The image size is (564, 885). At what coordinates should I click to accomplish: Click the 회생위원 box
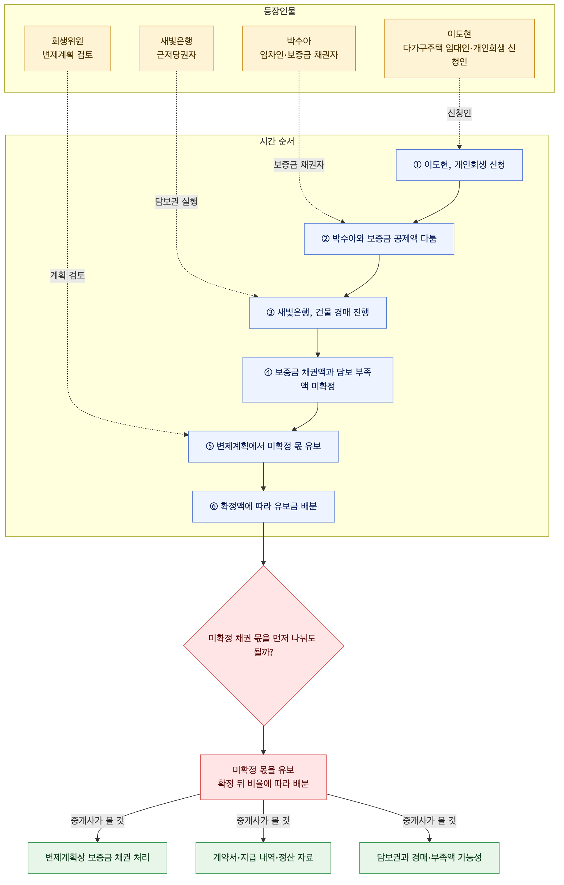click(67, 49)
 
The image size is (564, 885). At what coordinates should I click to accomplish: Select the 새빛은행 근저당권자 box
click(176, 49)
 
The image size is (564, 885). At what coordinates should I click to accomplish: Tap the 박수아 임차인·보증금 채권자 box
click(299, 49)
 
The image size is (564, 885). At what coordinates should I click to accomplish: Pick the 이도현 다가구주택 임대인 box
click(459, 49)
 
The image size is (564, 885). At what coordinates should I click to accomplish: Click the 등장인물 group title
click(280, 11)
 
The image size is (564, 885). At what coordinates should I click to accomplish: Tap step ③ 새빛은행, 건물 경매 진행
click(318, 313)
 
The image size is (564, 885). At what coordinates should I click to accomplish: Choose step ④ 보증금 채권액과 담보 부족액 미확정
click(318, 380)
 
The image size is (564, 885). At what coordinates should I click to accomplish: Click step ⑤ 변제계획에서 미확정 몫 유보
click(263, 447)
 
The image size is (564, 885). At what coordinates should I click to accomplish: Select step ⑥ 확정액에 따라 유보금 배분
click(263, 506)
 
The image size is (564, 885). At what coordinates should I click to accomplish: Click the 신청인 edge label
click(459, 113)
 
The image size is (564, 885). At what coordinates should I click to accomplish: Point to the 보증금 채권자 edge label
click(299, 165)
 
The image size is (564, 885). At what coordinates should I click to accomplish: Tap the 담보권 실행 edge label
click(176, 202)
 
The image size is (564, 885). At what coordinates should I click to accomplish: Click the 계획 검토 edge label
click(67, 276)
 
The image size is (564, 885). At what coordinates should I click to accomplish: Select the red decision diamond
click(263, 646)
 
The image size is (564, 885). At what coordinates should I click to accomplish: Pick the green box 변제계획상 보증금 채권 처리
click(97, 858)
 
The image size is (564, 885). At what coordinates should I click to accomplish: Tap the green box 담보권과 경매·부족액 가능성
click(429, 858)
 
